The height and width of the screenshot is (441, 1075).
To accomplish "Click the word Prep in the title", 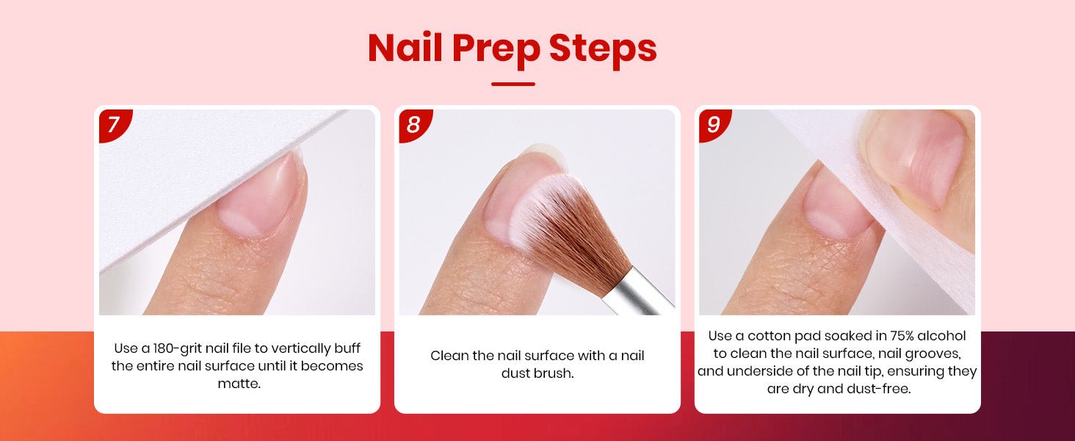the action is click(496, 48).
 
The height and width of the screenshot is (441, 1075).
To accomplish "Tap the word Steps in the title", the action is click(603, 48).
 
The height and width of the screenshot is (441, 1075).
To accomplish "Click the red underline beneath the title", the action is click(513, 84).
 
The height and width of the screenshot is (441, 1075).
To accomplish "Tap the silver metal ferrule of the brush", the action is click(638, 293).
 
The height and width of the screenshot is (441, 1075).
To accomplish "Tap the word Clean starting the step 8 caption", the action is click(449, 356).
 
